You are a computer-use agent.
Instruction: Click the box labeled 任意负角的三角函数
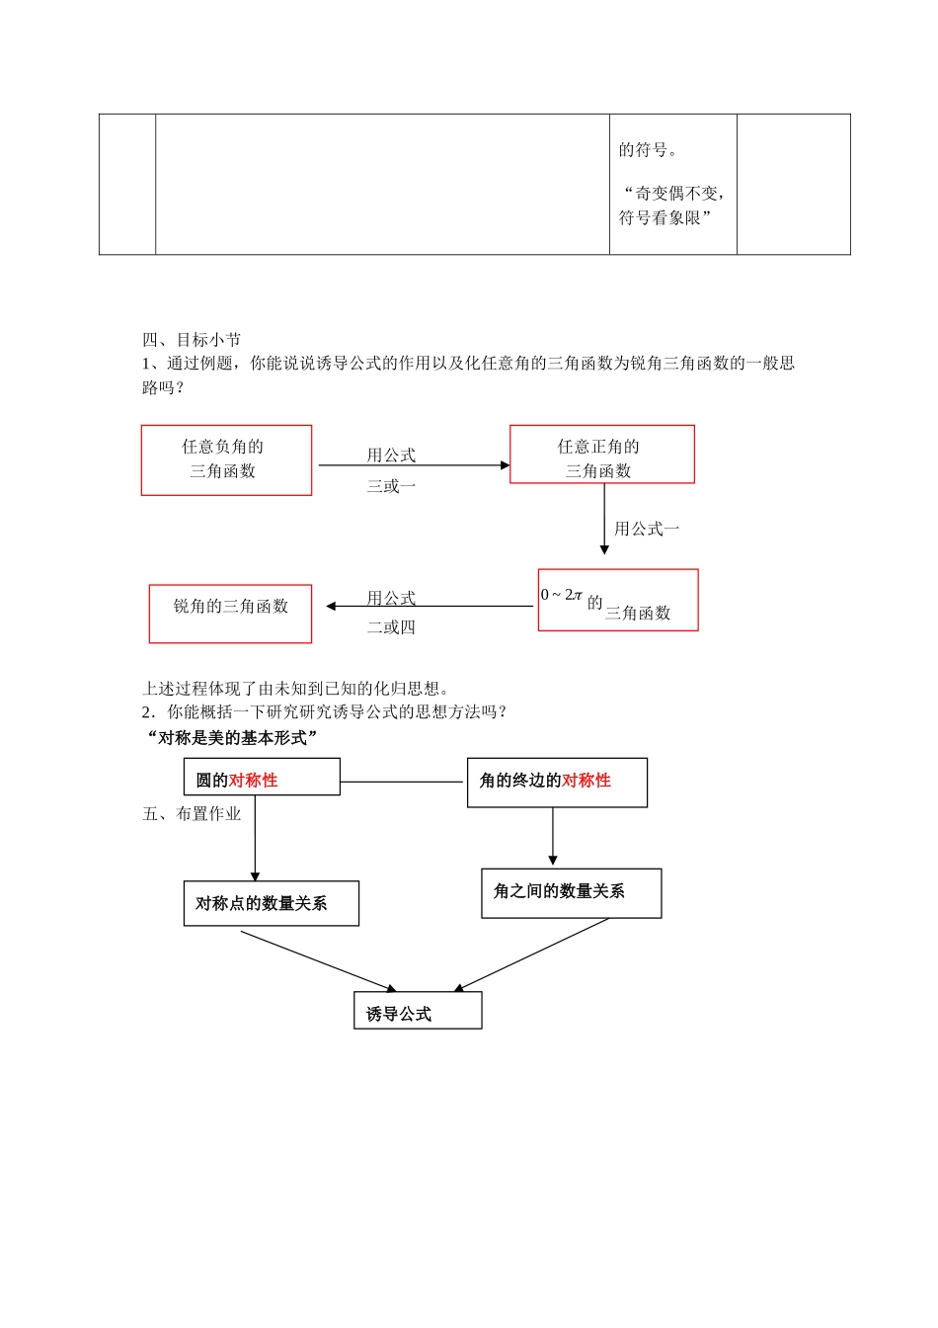click(x=226, y=459)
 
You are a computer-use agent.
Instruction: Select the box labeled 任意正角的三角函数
click(x=601, y=455)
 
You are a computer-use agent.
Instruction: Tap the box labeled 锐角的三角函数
click(x=230, y=614)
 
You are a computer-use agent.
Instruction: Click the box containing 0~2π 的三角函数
click(x=618, y=600)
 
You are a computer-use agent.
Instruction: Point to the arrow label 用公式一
click(x=647, y=529)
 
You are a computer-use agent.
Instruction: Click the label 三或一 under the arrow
click(x=391, y=485)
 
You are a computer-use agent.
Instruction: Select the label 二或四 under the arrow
click(x=391, y=626)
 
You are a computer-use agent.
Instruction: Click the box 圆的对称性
click(x=262, y=777)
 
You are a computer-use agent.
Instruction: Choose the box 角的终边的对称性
click(x=557, y=783)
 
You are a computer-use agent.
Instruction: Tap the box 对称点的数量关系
click(x=271, y=903)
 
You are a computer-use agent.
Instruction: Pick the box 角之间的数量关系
click(x=571, y=893)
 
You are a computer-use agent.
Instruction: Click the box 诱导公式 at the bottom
click(x=418, y=1011)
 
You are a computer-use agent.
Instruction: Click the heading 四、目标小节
click(x=192, y=339)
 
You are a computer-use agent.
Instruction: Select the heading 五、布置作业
click(x=192, y=813)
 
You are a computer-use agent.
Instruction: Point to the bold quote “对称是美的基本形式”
click(x=232, y=737)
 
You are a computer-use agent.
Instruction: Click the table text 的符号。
click(x=649, y=150)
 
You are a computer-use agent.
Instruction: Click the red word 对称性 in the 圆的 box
click(x=254, y=781)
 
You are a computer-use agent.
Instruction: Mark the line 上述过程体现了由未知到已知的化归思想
click(x=296, y=689)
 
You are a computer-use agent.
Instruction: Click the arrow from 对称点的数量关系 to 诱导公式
click(x=318, y=960)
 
